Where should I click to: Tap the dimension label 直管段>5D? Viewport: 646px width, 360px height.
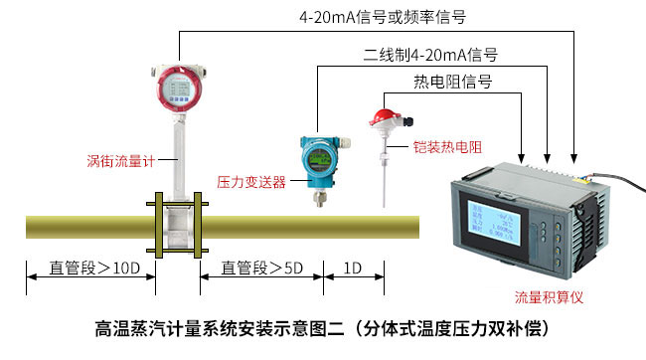tap(260, 269)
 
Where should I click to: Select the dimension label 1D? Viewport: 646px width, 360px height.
tap(353, 269)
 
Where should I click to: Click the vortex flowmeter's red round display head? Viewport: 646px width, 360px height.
tap(178, 88)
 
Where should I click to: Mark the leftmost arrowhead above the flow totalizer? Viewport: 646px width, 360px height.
tap(524, 157)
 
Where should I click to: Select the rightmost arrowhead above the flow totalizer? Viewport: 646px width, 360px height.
tap(573, 157)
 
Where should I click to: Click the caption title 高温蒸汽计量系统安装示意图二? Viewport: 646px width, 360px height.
tap(218, 326)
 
